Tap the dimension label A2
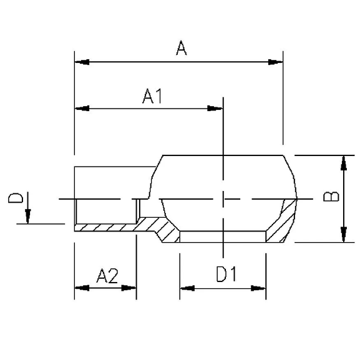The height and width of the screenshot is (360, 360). pyautogui.click(x=107, y=276)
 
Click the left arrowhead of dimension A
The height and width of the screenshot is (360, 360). pyautogui.click(x=82, y=62)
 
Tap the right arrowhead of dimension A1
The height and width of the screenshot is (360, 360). pyautogui.click(x=215, y=109)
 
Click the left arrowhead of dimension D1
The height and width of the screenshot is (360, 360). pyautogui.click(x=187, y=288)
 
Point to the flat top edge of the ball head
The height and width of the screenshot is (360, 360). pyautogui.click(x=223, y=155)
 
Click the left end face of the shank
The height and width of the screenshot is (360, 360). pyautogui.click(x=74, y=198)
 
